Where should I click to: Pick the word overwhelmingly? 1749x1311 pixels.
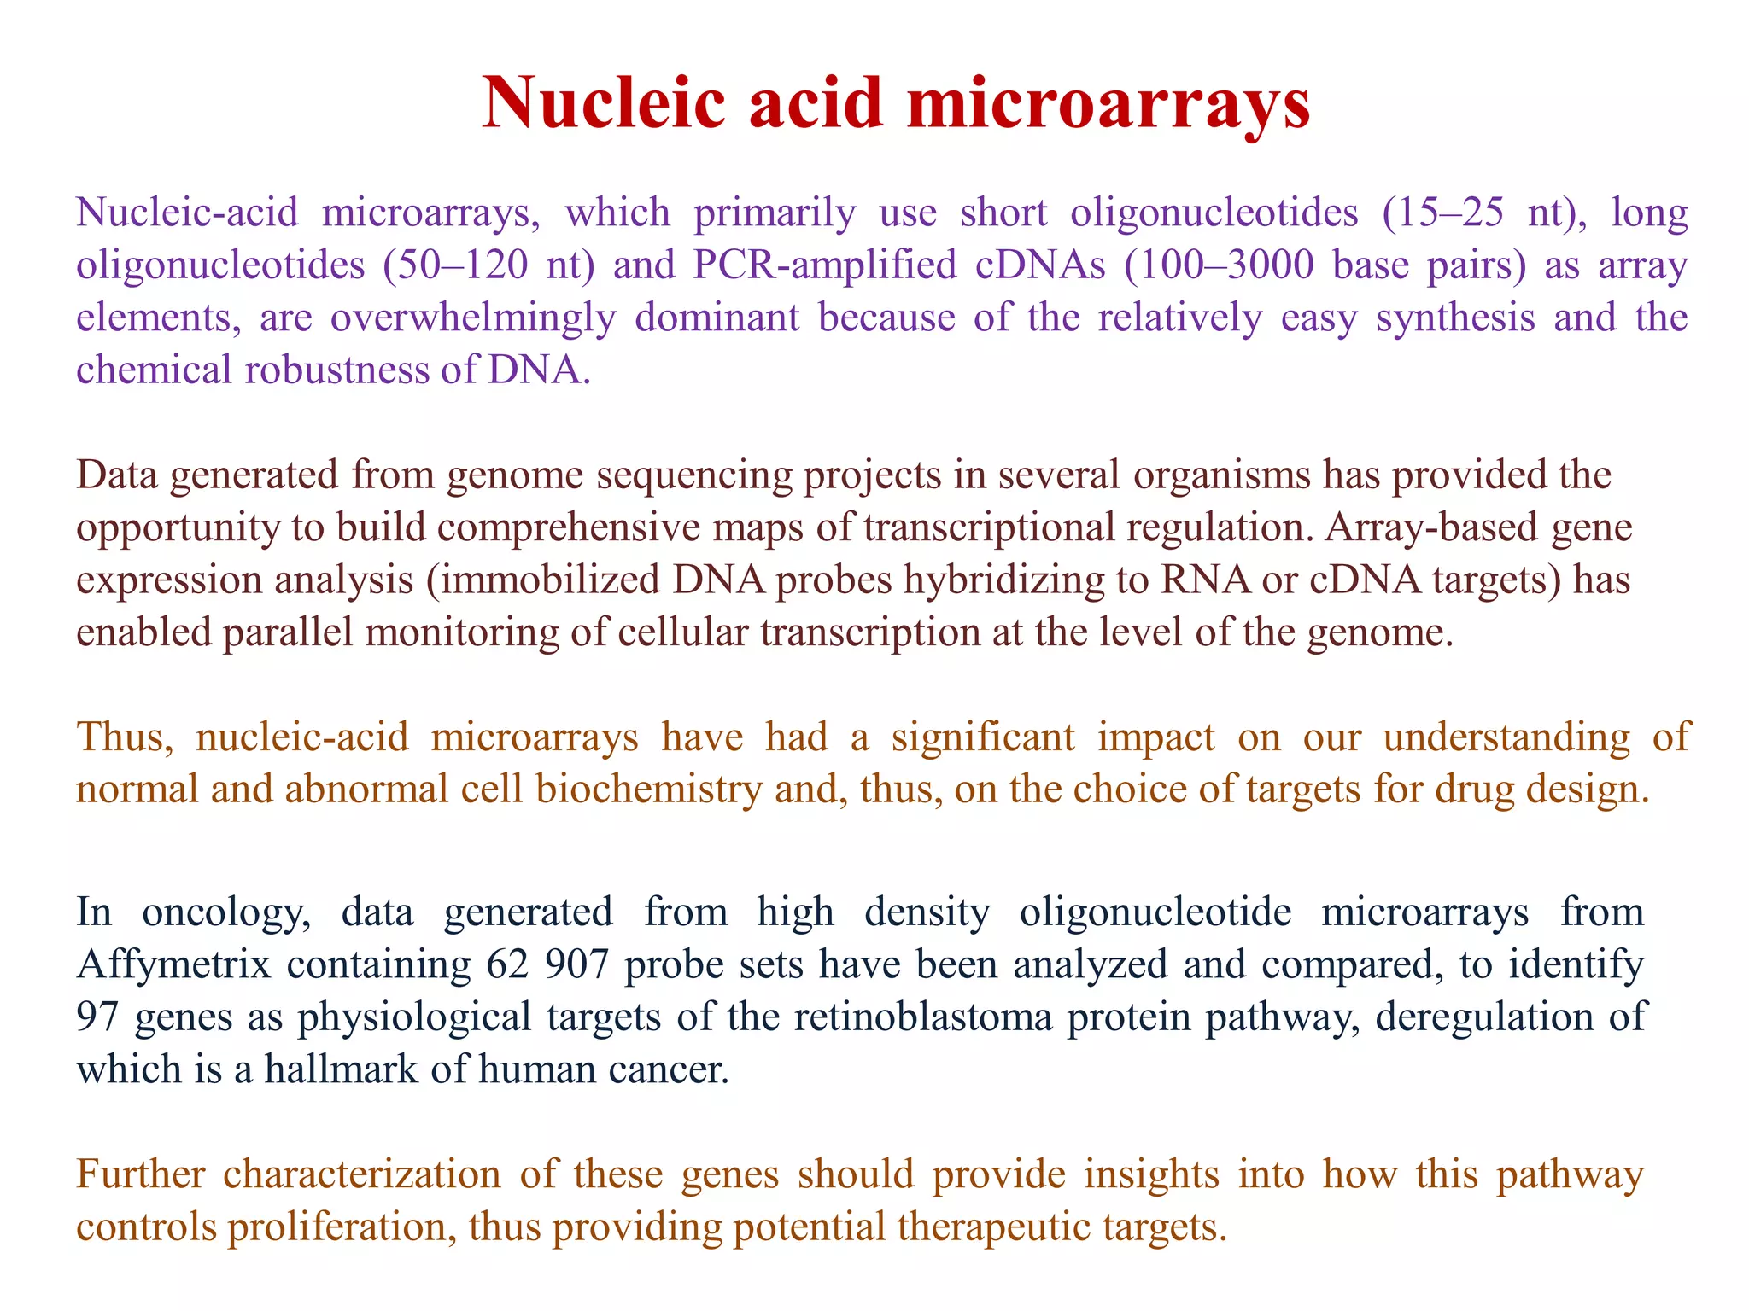[x=472, y=318]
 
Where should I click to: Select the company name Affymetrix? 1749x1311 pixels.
[x=173, y=964]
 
